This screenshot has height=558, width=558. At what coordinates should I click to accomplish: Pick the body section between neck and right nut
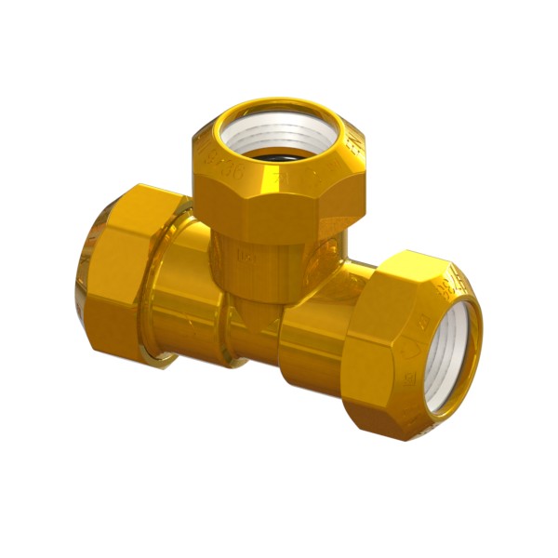coord(321,330)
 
